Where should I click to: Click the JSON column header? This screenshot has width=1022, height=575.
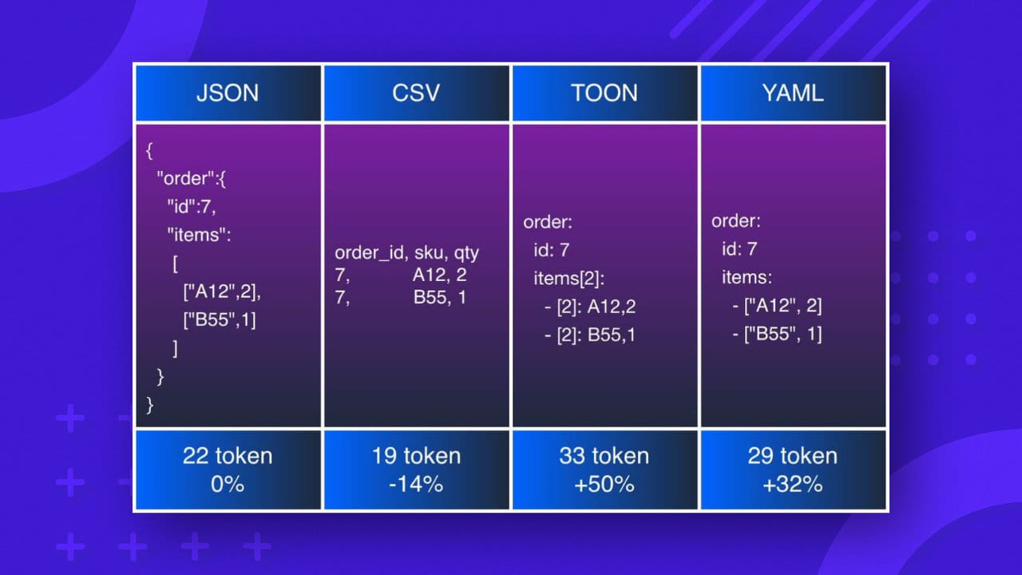pyautogui.click(x=228, y=93)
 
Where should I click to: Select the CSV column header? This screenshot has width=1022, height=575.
pyautogui.click(x=416, y=93)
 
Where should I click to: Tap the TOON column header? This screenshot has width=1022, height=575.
pyautogui.click(x=604, y=93)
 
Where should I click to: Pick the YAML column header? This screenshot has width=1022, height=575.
pyautogui.click(x=793, y=93)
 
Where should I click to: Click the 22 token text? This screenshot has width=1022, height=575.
pyautogui.click(x=228, y=456)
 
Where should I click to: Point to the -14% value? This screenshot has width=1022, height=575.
pyautogui.click(x=416, y=483)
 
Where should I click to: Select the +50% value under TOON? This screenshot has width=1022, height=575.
pyautogui.click(x=604, y=483)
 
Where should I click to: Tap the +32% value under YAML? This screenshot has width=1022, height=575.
pyautogui.click(x=793, y=483)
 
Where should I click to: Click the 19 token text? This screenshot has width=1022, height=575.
pyautogui.click(x=416, y=456)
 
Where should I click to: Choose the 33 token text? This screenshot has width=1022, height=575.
pyautogui.click(x=604, y=456)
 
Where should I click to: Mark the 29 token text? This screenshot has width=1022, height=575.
pyautogui.click(x=793, y=456)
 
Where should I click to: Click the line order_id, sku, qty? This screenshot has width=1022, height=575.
pyautogui.click(x=406, y=253)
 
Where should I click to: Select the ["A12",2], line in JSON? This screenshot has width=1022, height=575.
pyautogui.click(x=222, y=292)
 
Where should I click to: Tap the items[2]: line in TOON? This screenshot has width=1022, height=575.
pyautogui.click(x=569, y=279)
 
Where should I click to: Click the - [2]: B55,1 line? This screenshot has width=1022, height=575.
pyautogui.click(x=590, y=335)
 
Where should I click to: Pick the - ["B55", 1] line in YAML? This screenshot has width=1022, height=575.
pyautogui.click(x=777, y=333)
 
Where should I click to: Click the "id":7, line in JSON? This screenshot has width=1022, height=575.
pyautogui.click(x=192, y=208)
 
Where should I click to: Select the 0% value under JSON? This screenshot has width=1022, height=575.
pyautogui.click(x=228, y=483)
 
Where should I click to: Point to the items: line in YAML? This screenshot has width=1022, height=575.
pyautogui.click(x=747, y=277)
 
